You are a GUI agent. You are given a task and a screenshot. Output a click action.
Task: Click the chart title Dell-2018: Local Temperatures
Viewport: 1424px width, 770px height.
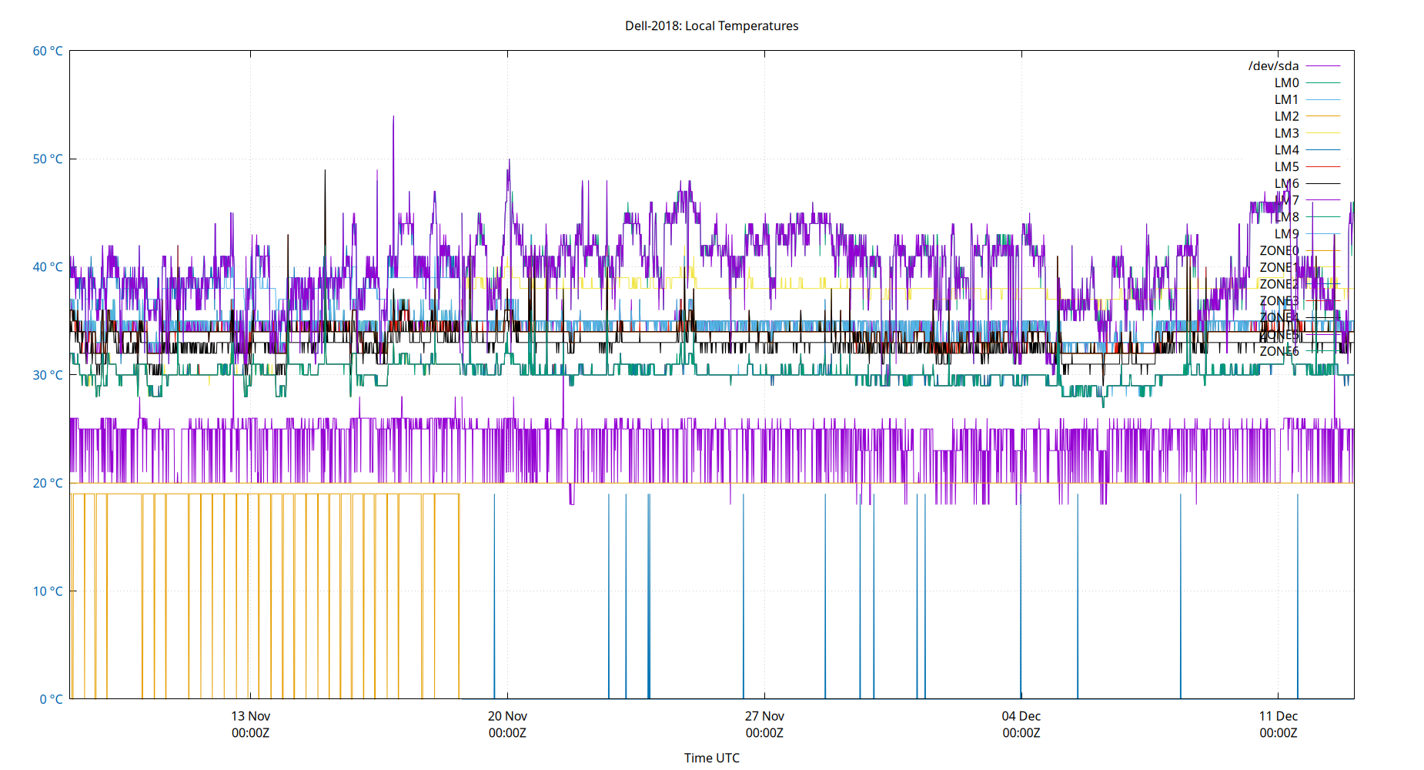(711, 25)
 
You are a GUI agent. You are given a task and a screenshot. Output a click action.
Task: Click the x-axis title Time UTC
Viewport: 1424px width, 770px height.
(711, 758)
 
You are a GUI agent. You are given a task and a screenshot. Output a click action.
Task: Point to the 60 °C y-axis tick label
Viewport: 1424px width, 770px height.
(48, 51)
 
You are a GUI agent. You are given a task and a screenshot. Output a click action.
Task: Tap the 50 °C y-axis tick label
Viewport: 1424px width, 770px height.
(48, 159)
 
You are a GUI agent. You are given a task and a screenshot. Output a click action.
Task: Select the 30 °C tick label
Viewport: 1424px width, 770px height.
(48, 375)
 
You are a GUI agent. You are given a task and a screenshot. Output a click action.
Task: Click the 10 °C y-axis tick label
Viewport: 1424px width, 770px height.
(48, 591)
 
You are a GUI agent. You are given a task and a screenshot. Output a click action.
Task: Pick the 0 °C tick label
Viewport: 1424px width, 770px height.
(51, 699)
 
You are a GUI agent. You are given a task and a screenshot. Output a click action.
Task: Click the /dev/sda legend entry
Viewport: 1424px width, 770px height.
(1273, 66)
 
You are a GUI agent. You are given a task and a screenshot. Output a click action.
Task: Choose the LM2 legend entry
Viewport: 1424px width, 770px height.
(1286, 116)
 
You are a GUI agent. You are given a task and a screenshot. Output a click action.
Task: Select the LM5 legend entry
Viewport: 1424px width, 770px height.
(1286, 166)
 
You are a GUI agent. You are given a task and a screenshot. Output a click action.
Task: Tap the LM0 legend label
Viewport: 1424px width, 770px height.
(1286, 83)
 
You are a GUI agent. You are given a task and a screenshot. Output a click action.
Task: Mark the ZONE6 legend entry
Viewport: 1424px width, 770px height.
(1279, 351)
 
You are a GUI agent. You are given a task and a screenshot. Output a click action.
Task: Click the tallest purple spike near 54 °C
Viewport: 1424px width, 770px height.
(393, 118)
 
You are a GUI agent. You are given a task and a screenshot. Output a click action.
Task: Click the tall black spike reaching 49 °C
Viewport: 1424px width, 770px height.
(325, 171)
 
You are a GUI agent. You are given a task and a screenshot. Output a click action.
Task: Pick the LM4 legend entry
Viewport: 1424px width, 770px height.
(1286, 150)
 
